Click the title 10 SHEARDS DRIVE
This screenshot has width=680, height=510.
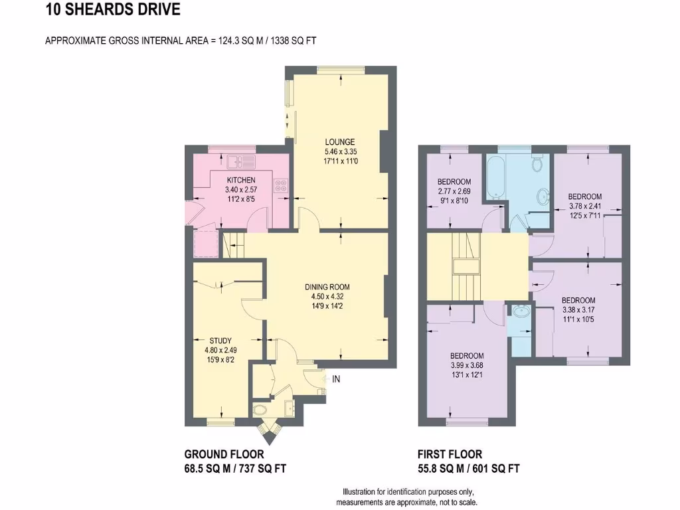pyautogui.click(x=112, y=10)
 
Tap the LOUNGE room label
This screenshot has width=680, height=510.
pyautogui.click(x=339, y=141)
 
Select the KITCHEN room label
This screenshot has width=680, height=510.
pyautogui.click(x=240, y=181)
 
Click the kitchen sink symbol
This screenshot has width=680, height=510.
pyautogui.click(x=236, y=161)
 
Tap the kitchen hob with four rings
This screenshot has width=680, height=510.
pyautogui.click(x=282, y=187)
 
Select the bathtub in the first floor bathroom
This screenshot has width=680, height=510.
pyautogui.click(x=495, y=175)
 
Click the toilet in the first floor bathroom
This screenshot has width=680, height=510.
pyautogui.click(x=538, y=161)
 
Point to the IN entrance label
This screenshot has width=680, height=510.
pyautogui.click(x=336, y=379)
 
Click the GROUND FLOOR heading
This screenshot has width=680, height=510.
pyautogui.click(x=224, y=454)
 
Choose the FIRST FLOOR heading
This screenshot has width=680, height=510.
pyautogui.click(x=450, y=454)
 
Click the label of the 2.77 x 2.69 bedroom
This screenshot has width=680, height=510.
pyautogui.click(x=454, y=182)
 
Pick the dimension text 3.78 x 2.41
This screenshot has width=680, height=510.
pyautogui.click(x=584, y=206)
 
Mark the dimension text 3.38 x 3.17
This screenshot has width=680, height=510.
pyautogui.click(x=578, y=309)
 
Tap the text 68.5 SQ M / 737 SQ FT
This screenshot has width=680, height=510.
pyautogui.click(x=235, y=468)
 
